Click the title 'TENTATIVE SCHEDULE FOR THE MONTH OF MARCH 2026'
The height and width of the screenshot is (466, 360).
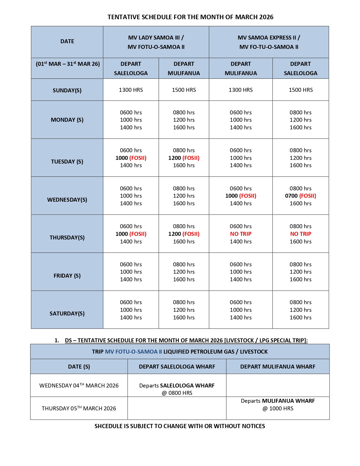pyautogui.click(x=190, y=17)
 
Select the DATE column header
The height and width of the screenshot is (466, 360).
pyautogui.click(x=67, y=41)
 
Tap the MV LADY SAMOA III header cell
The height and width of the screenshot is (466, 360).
pyautogui.click(x=156, y=38)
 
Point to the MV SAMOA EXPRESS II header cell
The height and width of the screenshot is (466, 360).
pyautogui.click(x=269, y=38)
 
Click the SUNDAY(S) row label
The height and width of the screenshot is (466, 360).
pyautogui.click(x=67, y=90)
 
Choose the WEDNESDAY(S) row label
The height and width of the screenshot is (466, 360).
pyautogui.click(x=67, y=200)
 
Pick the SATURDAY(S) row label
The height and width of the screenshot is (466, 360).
pyautogui.click(x=67, y=313)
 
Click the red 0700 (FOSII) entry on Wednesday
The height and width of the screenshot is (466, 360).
pyautogui.click(x=300, y=196)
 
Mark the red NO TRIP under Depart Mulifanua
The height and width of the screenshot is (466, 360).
pyautogui.click(x=241, y=234)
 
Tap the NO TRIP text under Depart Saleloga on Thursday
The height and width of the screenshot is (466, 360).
pyautogui.click(x=300, y=234)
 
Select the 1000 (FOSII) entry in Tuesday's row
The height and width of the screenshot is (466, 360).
pyautogui.click(x=131, y=158)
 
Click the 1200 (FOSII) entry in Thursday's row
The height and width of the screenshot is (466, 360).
pyautogui.click(x=184, y=234)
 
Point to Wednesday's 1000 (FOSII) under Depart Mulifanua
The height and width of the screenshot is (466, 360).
pyautogui.click(x=241, y=196)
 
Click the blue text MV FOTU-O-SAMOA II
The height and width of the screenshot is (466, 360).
pyautogui.click(x=134, y=352)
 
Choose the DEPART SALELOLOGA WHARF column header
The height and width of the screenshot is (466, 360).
pyautogui.click(x=177, y=367)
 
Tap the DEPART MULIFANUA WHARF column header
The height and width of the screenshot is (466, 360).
pyautogui.click(x=278, y=367)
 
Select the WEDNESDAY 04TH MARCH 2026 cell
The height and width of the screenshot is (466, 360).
pyautogui.click(x=79, y=386)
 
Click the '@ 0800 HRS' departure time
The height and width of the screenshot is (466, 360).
pyautogui.click(x=177, y=393)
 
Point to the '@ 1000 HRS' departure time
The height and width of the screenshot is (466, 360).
pyautogui.click(x=278, y=408)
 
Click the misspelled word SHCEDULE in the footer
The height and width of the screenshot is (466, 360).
pyautogui.click(x=108, y=426)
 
